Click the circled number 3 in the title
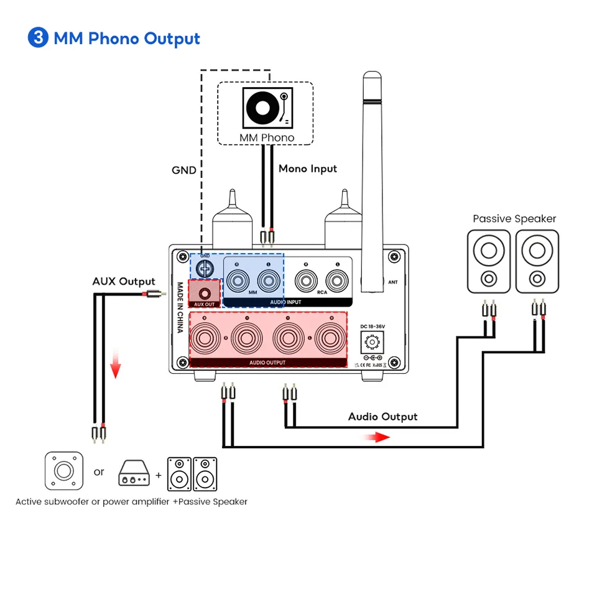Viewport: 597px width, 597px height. pos(38,38)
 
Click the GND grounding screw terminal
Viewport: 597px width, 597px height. pos(205,269)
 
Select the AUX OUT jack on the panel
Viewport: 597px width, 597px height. pos(206,290)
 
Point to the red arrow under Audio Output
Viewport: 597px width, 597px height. pos(377,437)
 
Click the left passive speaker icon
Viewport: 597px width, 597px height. pos(489,261)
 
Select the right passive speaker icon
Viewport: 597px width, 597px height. pos(537,261)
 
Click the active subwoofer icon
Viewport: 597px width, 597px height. pos(63,470)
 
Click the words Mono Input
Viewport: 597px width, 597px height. pos(307,169)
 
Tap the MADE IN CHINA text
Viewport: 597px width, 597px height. pos(180,307)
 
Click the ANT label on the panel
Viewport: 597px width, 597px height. pos(392,282)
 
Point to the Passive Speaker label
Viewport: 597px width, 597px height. pos(514,219)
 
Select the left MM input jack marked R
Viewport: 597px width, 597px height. pos(238,280)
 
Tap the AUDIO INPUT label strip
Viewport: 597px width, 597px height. pos(285,302)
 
